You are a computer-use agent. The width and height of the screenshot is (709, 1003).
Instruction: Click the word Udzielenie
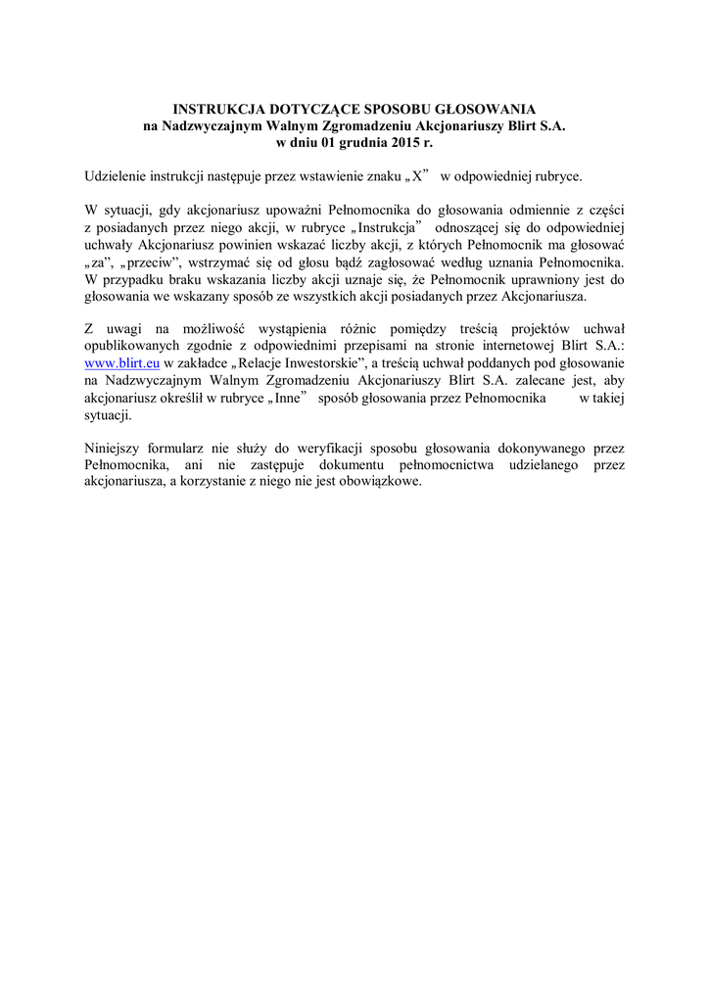118,176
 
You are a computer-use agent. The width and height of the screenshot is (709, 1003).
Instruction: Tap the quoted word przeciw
142,262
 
